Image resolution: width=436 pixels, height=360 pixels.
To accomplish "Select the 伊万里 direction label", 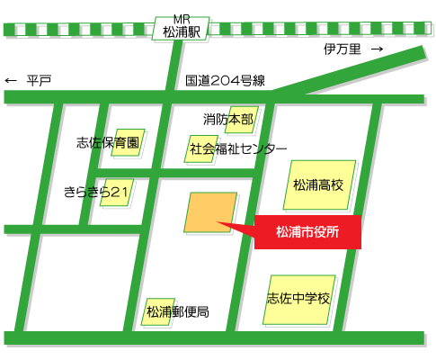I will point(342,50).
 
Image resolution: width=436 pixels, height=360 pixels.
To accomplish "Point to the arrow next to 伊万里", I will point(377,50).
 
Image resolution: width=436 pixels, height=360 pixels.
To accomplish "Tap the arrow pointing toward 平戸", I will point(12,81).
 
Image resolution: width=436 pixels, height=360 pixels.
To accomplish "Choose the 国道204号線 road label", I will point(226,81).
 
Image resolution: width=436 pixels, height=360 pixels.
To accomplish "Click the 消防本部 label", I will point(228,119).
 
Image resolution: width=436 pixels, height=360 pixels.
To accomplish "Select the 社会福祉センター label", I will point(238,148).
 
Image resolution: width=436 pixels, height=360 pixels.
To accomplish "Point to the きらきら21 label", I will point(98,191).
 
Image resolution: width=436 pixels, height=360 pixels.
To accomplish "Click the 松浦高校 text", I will point(318,185).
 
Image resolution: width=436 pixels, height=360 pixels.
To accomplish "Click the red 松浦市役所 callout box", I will point(307,231).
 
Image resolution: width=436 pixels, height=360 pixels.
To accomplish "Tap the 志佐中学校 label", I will point(299,299).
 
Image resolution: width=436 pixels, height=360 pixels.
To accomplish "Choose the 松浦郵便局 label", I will point(177,312).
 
